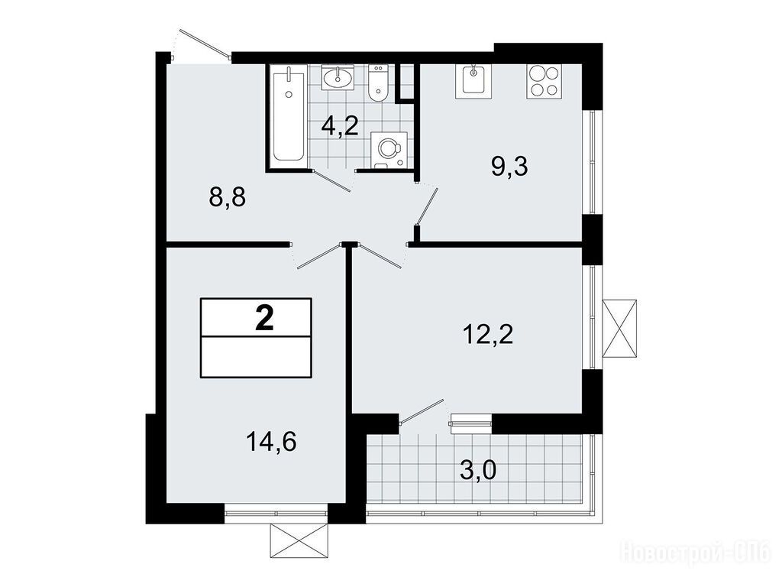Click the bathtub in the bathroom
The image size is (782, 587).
coord(288,117)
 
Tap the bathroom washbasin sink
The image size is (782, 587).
coord(338,77)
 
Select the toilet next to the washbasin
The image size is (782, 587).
coord(377,83)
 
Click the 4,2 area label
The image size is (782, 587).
coord(340,126)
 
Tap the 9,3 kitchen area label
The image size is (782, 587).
coord(509,167)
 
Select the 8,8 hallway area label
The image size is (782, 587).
coord(228,198)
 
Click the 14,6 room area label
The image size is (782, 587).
coord(272,442)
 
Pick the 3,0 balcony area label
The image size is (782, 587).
coord(478,471)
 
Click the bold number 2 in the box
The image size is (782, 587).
coord(264,319)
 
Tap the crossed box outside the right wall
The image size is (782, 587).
coord(619,329)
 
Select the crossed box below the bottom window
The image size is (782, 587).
coord(299,541)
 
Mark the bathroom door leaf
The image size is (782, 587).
coord(332,180)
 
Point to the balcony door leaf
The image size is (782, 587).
coord(422,411)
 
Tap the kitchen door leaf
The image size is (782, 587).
coord(428,207)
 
